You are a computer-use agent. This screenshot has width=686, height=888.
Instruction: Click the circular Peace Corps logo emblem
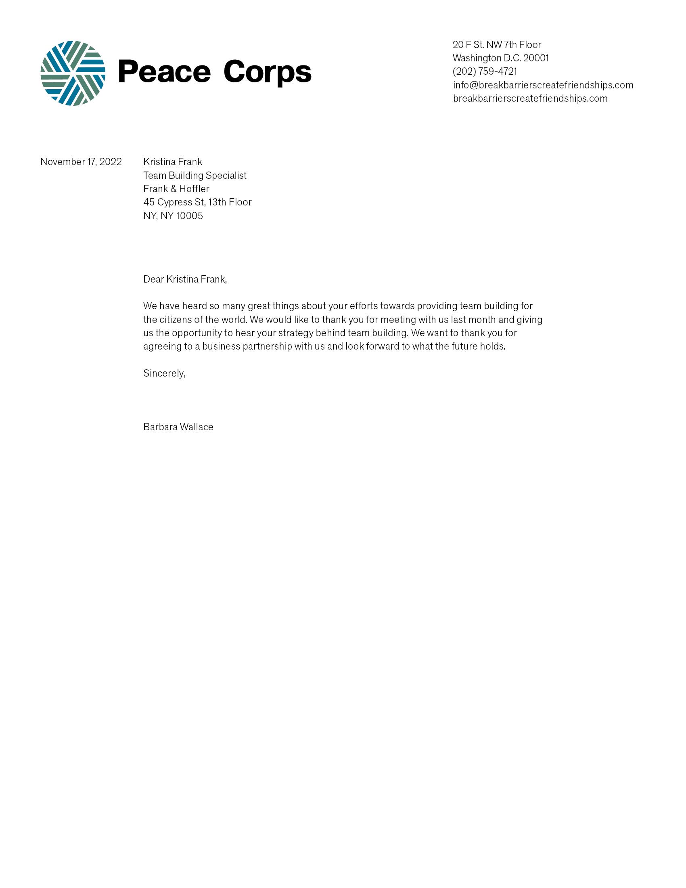coord(73,73)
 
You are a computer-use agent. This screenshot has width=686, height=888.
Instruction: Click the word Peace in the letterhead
coord(164,72)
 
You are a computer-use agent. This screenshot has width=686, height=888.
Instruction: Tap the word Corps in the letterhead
coord(267,72)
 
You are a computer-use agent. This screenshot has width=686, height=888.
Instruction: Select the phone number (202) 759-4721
coord(485,71)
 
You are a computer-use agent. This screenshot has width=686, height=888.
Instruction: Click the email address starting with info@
coord(543,85)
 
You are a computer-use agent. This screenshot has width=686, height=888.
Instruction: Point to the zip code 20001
coord(536,58)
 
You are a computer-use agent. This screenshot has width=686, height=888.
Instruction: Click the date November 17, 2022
coord(81,162)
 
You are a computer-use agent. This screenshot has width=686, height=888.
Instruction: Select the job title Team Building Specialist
coord(195,175)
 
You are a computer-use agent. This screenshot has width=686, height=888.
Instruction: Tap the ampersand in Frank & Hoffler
coord(174,188)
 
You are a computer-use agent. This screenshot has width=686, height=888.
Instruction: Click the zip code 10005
coord(189,216)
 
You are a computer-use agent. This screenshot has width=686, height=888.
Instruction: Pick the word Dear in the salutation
coord(153,279)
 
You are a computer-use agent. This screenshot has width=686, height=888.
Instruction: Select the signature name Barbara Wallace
coord(178,427)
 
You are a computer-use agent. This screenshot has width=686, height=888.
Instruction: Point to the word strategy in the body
coord(295,333)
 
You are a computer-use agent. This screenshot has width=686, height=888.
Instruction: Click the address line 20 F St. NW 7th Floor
coord(497,45)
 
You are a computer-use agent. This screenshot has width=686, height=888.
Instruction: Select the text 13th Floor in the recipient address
coord(230,202)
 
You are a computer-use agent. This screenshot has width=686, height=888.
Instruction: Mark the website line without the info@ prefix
coord(530,98)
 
